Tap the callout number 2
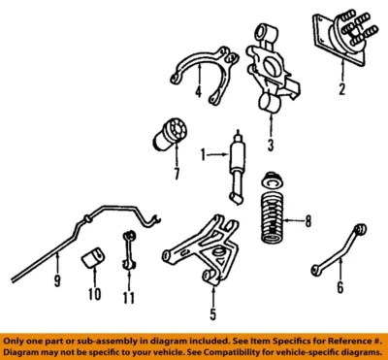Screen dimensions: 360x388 341,92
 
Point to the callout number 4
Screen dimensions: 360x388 198,93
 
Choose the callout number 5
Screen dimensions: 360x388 211,313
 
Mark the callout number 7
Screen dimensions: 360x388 176,175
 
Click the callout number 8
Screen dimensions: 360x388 307,222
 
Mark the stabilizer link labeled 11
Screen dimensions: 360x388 127,261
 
